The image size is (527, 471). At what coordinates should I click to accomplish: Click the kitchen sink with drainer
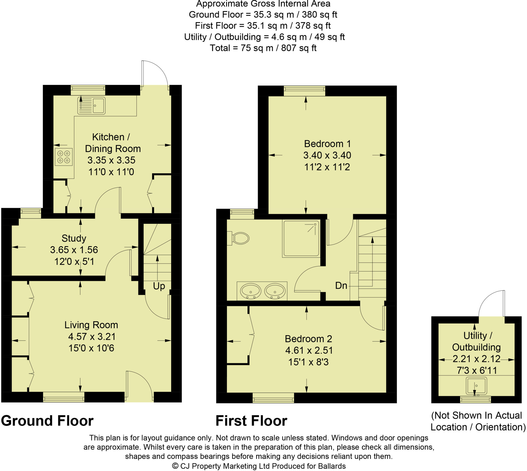point(91,105)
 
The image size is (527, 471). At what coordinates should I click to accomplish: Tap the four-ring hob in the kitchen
point(63,157)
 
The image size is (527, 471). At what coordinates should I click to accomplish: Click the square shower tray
point(301,238)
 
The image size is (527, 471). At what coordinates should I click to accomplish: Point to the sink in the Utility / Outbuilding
point(476,386)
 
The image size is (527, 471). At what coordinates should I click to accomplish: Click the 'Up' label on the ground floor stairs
point(159,286)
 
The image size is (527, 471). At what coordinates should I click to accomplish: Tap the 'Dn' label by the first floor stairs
point(341,286)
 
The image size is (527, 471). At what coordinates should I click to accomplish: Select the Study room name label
point(74,238)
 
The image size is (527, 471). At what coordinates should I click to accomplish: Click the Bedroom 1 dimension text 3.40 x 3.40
point(327,155)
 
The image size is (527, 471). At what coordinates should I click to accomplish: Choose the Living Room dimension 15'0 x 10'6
point(91,348)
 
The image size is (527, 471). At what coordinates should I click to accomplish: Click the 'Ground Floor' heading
point(47,421)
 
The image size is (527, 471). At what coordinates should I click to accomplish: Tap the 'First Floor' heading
point(251,421)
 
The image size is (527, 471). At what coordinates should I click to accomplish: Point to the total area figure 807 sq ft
point(298,48)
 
